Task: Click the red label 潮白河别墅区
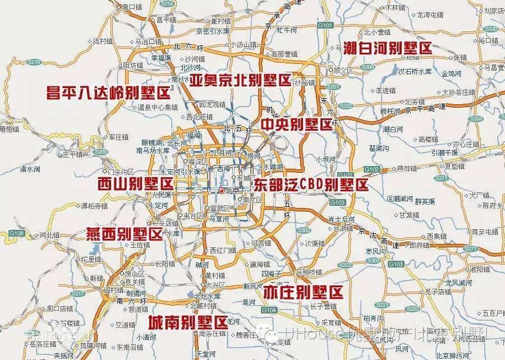388,48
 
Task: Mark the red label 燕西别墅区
124,234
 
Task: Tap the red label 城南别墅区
187,322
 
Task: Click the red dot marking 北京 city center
222,191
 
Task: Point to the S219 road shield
35,62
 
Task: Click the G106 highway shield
17,232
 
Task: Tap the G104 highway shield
269,310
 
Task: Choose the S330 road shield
491,29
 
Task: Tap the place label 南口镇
133,7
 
